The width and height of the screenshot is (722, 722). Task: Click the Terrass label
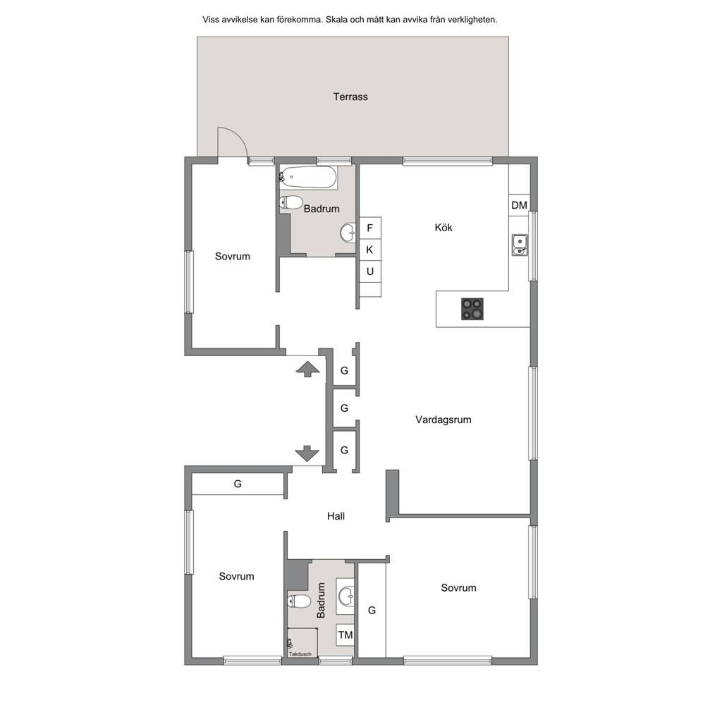tap(350, 97)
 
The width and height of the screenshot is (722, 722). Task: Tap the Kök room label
tap(443, 228)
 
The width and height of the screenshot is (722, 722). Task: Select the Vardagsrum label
tap(443, 420)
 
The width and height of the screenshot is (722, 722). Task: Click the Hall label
tap(336, 516)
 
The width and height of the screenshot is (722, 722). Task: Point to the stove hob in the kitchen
tap(472, 309)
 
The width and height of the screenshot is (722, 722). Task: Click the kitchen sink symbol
tap(520, 245)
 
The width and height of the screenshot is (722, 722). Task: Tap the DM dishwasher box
tap(520, 205)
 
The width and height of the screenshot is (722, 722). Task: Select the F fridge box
tap(369, 228)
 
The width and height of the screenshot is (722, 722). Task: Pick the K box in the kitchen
tap(369, 250)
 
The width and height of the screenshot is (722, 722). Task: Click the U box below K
tap(369, 271)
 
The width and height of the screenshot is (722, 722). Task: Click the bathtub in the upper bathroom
tap(308, 177)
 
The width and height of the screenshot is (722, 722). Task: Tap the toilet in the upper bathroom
tap(290, 202)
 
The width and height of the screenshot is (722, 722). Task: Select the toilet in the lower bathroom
tap(299, 601)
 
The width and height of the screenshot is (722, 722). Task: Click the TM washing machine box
tap(345, 635)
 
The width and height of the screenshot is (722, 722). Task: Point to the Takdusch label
tap(300, 654)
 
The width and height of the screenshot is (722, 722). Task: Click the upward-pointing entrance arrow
tap(307, 369)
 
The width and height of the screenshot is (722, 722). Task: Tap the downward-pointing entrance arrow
tap(307, 453)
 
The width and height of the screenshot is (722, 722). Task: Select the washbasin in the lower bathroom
tap(345, 596)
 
